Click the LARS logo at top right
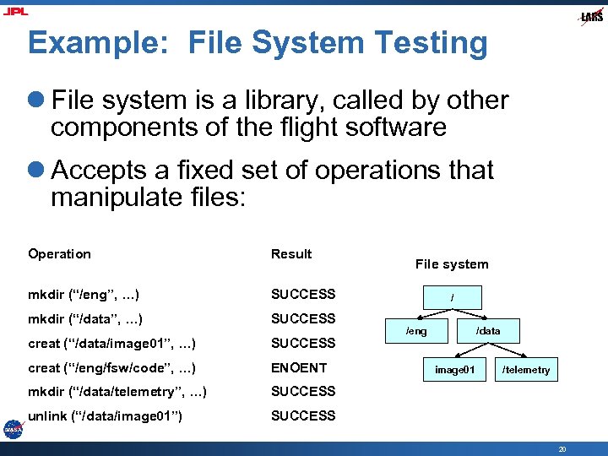[x=591, y=17]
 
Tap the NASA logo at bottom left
[x=13, y=428]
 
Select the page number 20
[x=562, y=449]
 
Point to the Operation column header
[x=59, y=254]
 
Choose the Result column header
[x=291, y=254]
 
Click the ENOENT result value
[x=298, y=367]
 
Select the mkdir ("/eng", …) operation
[x=84, y=295]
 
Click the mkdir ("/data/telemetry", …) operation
[x=117, y=392]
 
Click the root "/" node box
[x=453, y=297]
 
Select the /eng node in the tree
[x=416, y=331]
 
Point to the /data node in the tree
[x=488, y=331]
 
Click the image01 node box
[x=454, y=370]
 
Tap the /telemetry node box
[x=525, y=370]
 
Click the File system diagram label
[x=452, y=264]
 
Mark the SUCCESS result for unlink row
[x=303, y=415]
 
